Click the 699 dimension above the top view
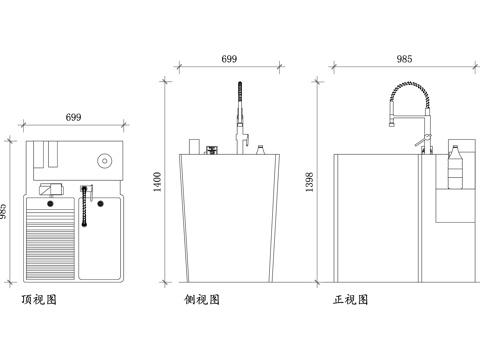73,119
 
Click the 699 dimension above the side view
229,60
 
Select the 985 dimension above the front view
404,60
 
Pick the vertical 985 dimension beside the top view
5,212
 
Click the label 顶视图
39,299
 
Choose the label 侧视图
201,299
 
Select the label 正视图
351,299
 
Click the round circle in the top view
104,160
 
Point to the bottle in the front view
455,165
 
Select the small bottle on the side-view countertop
260,150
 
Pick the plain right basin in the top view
100,238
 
